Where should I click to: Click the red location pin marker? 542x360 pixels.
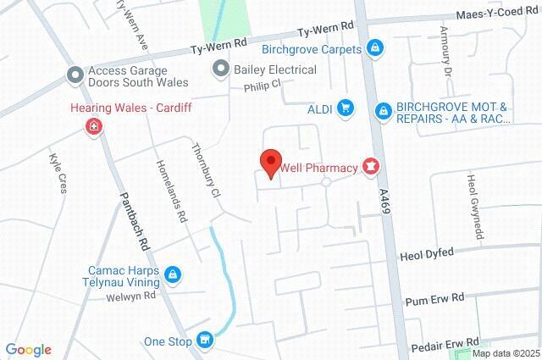[270, 162]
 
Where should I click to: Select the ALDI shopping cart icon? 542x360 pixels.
[345, 108]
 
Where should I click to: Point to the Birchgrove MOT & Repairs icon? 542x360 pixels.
[384, 110]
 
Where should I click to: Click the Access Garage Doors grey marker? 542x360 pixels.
[75, 75]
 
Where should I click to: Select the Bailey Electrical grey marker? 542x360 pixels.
[221, 67]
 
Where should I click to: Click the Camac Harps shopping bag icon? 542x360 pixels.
[173, 274]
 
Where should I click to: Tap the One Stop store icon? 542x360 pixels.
[204, 341]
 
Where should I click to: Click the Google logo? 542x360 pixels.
[28, 350]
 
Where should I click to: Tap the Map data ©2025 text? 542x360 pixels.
[506, 353]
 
